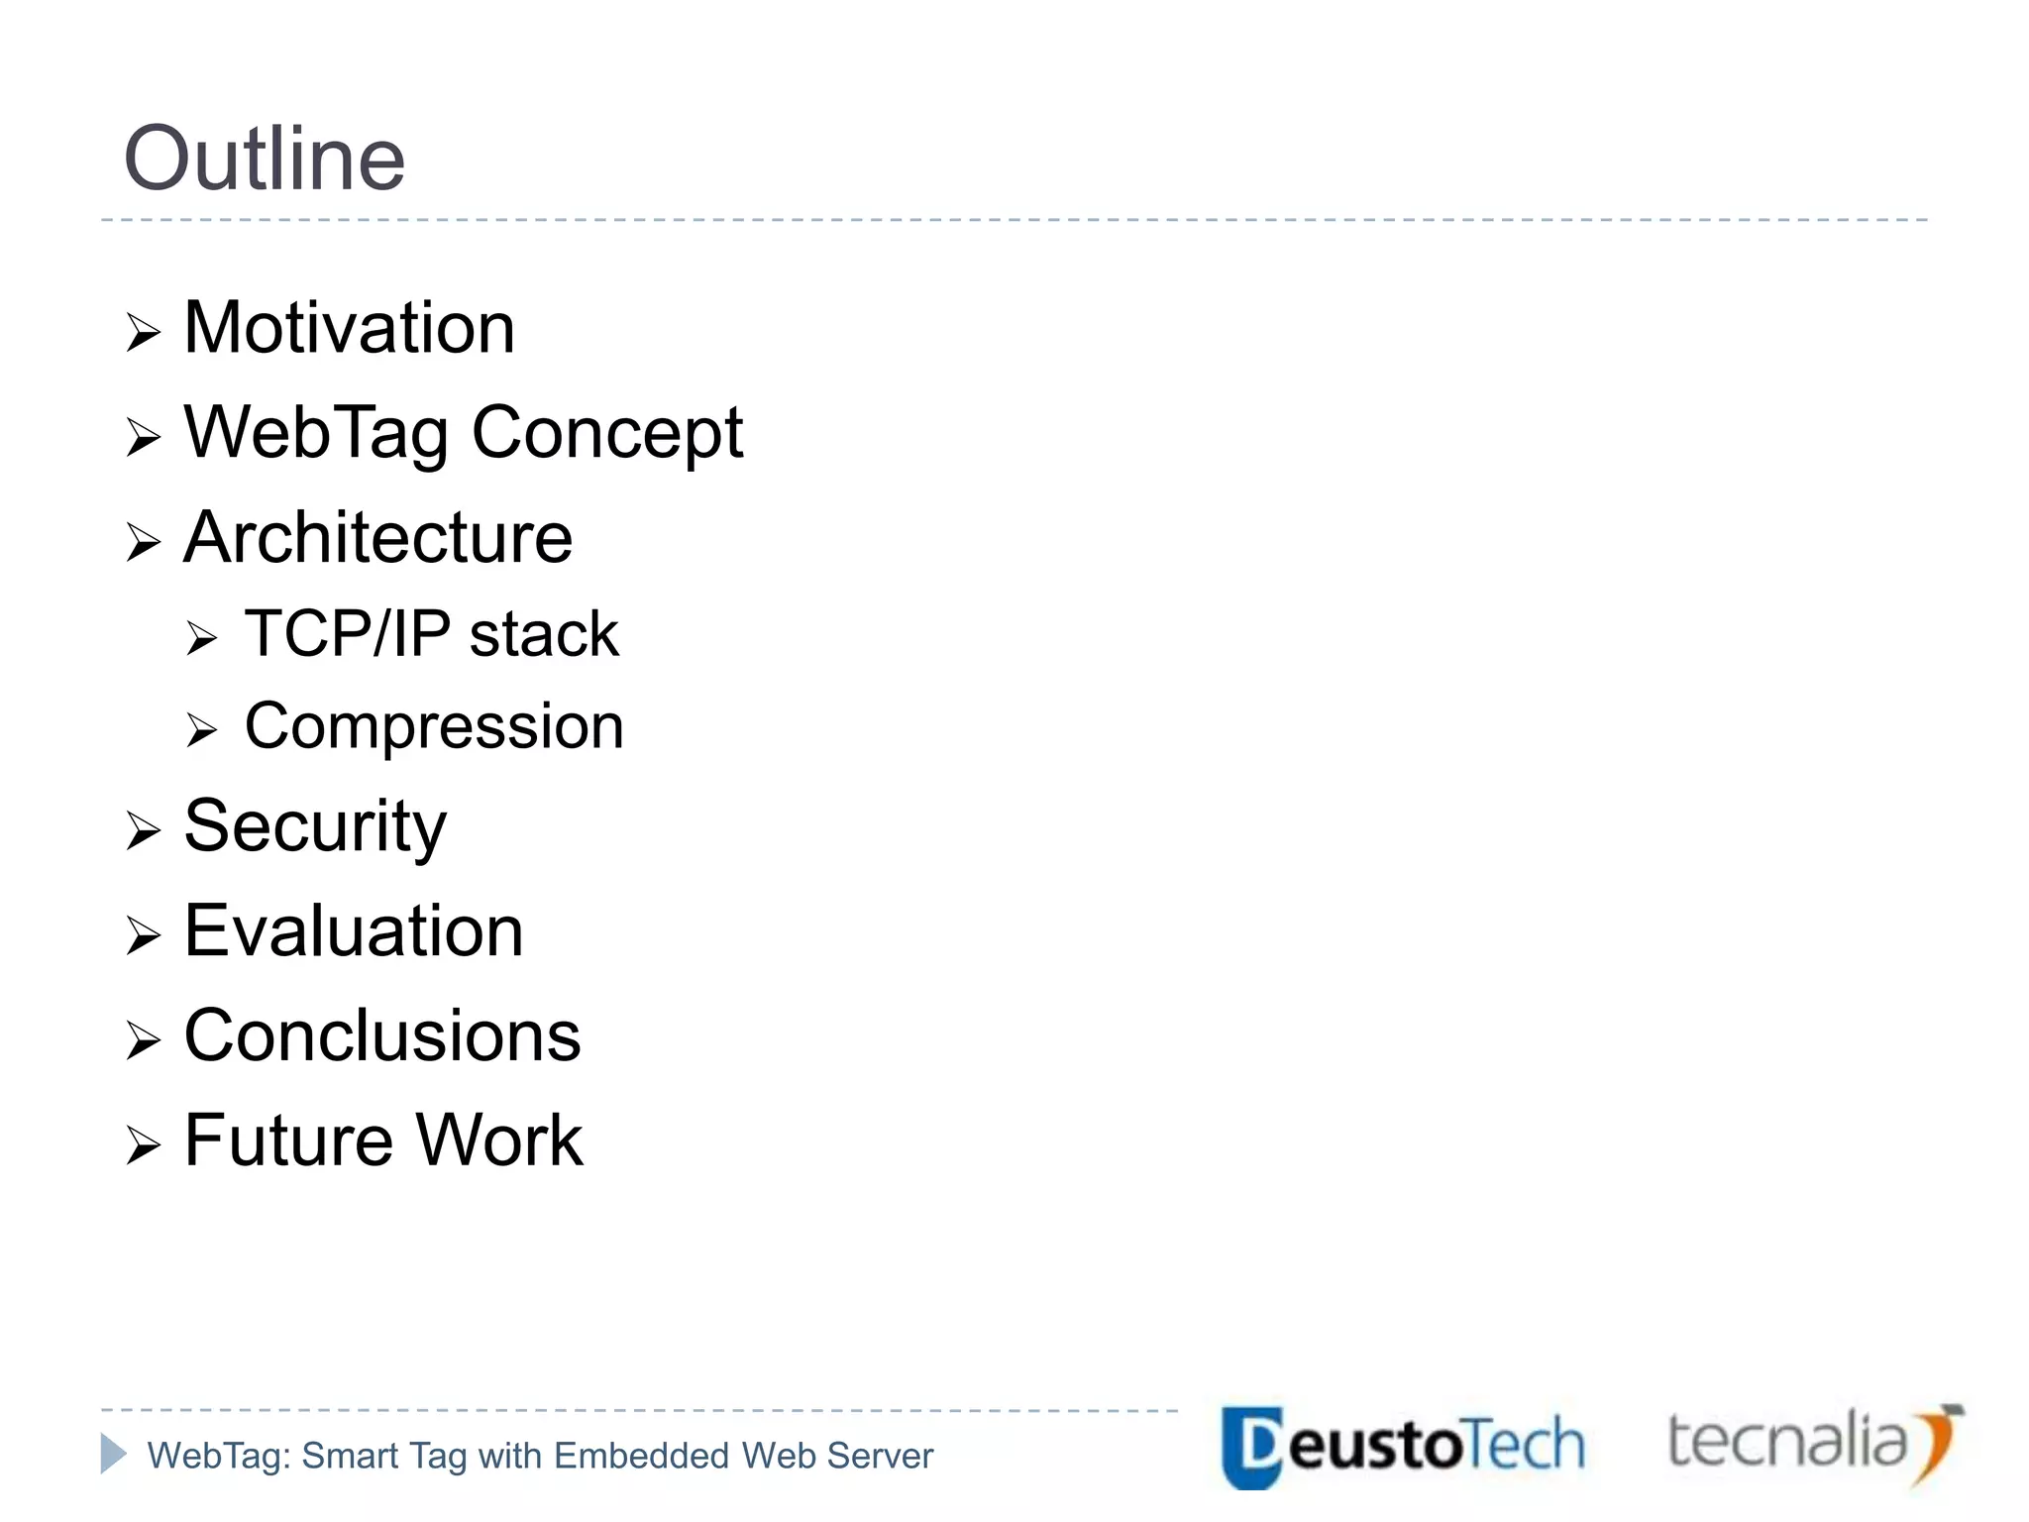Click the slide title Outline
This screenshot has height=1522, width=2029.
click(x=265, y=159)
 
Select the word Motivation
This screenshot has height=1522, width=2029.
click(x=349, y=328)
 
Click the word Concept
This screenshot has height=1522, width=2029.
click(x=606, y=433)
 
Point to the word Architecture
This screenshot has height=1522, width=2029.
click(x=377, y=538)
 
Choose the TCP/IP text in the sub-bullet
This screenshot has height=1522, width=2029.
click(x=347, y=634)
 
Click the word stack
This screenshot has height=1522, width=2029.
click(x=544, y=634)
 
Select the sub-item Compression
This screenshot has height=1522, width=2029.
click(x=434, y=727)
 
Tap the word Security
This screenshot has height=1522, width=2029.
click(x=315, y=826)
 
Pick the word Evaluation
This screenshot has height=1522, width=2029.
click(x=354, y=931)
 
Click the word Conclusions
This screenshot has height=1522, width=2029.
click(x=382, y=1036)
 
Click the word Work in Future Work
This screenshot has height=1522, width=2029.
click(x=499, y=1141)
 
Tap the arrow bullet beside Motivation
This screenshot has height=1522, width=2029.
click(x=144, y=333)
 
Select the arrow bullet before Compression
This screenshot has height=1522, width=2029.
click(x=201, y=731)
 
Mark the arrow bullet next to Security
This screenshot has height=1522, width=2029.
click(x=144, y=830)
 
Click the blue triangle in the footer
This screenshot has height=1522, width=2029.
click(x=113, y=1454)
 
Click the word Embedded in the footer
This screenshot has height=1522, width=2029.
click(x=643, y=1456)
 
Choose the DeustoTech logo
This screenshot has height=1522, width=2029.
click(x=1402, y=1446)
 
